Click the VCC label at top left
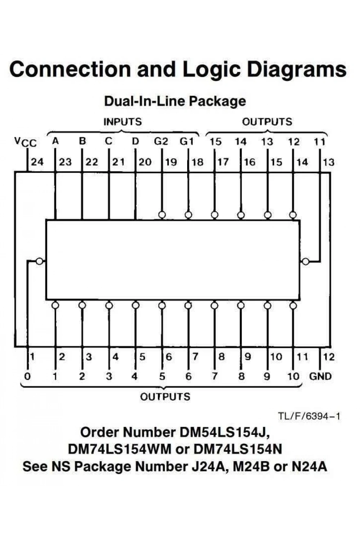(x=26, y=142)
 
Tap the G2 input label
(x=161, y=141)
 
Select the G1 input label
(x=186, y=141)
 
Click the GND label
(x=320, y=376)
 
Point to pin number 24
(x=37, y=162)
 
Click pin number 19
(x=171, y=162)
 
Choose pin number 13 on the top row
(x=328, y=162)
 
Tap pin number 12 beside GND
(x=329, y=357)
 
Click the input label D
(x=135, y=141)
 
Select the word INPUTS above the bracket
(x=123, y=122)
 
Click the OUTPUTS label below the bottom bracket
(x=165, y=397)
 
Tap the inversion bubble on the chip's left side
(x=39, y=261)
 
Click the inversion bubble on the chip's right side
(x=306, y=261)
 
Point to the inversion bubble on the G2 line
(x=162, y=215)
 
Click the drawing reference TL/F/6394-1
(x=309, y=416)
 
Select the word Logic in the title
(x=211, y=69)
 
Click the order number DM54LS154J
(x=225, y=432)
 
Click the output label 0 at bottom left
(x=27, y=376)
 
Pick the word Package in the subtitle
(x=217, y=102)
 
